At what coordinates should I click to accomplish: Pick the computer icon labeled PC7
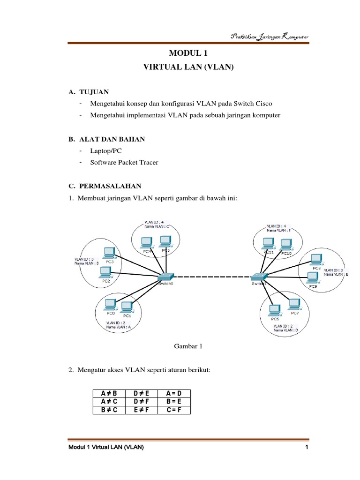(294, 304)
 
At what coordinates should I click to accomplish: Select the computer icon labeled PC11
(268, 243)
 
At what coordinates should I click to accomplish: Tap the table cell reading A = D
(170, 393)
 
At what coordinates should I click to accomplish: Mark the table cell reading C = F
(170, 409)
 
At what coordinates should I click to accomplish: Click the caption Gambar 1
(188, 346)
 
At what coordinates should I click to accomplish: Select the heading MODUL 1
(188, 54)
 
